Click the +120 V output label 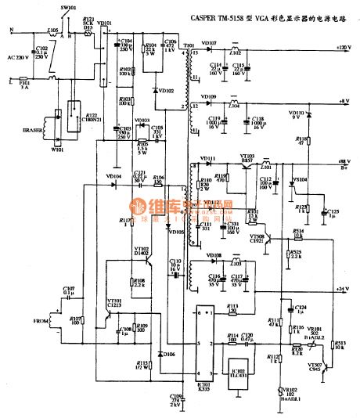coord(342,49)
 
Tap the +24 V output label coord(342,290)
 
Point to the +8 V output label coord(344,101)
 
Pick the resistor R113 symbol coord(232,312)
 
